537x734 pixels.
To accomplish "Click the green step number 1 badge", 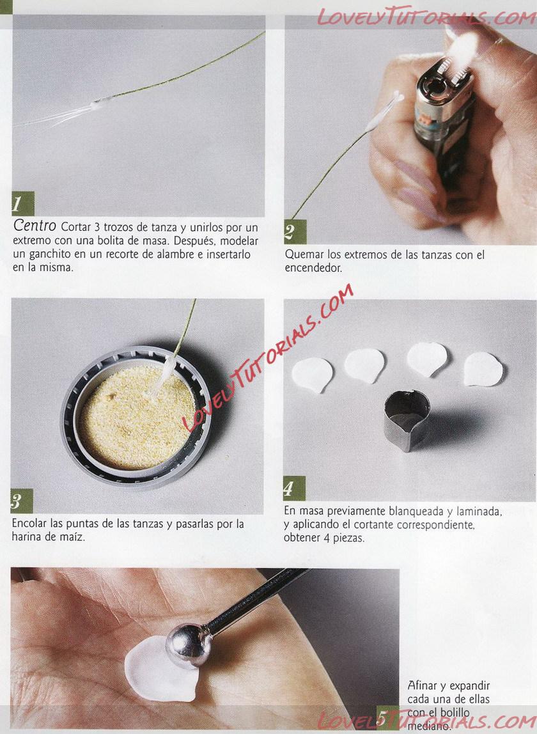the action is pos(23,203).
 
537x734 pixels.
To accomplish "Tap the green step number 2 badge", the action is pos(295,231).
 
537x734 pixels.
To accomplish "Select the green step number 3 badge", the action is pos(22,501).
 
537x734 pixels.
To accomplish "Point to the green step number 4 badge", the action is pos(295,488).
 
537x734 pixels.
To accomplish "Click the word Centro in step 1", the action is pos(35,226).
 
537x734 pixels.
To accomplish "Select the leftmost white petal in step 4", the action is pos(312,375).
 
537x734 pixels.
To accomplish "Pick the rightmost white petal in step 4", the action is pos(483,370).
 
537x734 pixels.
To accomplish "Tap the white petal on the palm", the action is pos(159,669).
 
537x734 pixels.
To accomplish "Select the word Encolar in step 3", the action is pos(29,524).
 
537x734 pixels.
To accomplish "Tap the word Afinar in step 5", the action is pos(422,686).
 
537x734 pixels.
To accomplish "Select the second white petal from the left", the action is pos(364,366).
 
